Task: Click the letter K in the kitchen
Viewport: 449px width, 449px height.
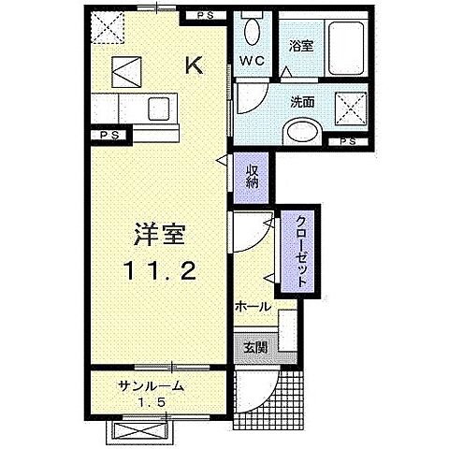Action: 195,65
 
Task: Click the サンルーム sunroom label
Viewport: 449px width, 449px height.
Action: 151,386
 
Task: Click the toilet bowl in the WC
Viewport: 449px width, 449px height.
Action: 252,32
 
